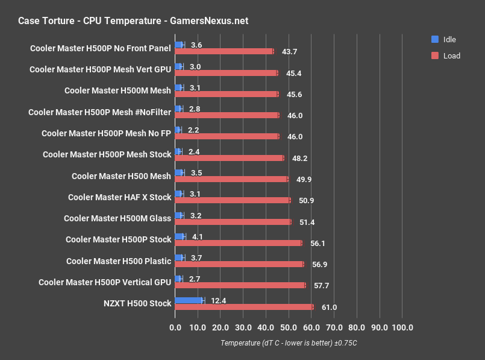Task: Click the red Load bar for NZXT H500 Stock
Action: [244, 307]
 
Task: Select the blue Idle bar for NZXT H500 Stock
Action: [189, 300]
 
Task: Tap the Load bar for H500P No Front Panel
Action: [224, 51]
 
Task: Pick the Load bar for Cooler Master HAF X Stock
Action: [233, 200]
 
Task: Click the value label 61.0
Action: [329, 308]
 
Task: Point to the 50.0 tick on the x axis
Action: [289, 328]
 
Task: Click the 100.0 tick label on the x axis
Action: [402, 328]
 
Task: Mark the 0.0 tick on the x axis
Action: [175, 328]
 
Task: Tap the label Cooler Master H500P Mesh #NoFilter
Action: [99, 112]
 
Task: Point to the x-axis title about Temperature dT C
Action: [289, 343]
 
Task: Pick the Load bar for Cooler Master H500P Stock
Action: [238, 243]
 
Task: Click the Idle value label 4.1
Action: [198, 236]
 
